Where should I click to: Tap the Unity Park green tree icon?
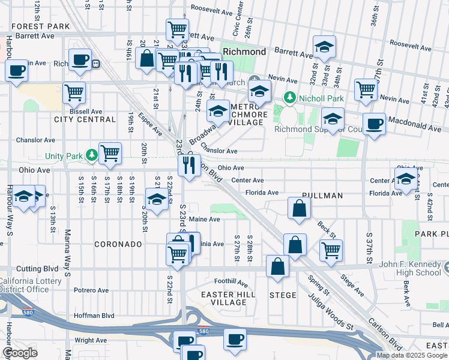tap(91, 156)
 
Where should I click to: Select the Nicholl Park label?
tap(314, 97)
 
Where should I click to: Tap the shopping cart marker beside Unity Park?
tap(110, 154)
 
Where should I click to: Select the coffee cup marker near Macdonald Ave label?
tap(375, 124)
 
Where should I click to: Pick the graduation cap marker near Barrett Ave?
tap(324, 47)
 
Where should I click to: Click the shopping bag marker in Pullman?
tap(299, 209)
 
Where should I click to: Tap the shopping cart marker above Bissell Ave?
tap(74, 93)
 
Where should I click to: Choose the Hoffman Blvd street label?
tap(94, 315)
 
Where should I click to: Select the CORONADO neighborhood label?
tap(118, 244)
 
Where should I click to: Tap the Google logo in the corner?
tap(20, 353)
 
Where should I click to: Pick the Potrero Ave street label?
tap(91, 290)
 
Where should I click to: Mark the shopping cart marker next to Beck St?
tap(331, 250)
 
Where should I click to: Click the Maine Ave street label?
tap(205, 220)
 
